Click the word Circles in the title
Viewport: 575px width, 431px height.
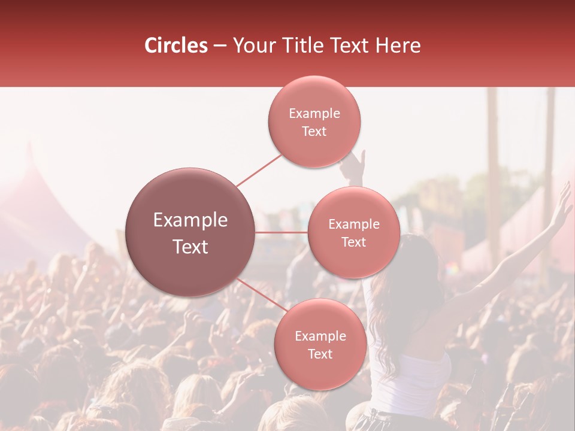[175, 45]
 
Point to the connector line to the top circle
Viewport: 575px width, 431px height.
[259, 169]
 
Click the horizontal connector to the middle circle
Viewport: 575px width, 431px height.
[281, 232]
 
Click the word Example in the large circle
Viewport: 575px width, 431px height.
[190, 220]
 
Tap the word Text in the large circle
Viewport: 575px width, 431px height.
[190, 247]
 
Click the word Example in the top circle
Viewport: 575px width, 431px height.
[314, 113]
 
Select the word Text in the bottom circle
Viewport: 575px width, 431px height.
[320, 354]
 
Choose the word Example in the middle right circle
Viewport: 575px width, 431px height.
[354, 224]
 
